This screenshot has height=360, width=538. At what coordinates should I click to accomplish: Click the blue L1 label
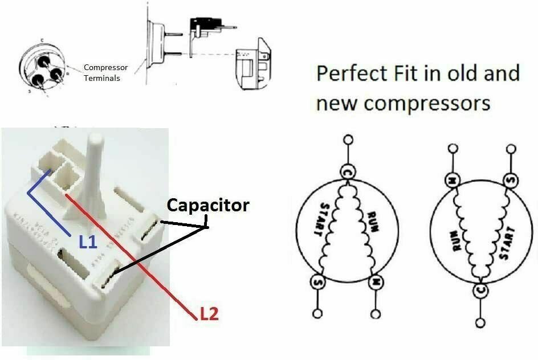[x=89, y=243]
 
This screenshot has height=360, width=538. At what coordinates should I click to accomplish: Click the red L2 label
[x=208, y=313]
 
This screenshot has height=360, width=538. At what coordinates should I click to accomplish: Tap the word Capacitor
[x=208, y=205]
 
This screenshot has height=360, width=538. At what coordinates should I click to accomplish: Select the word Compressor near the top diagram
[x=106, y=67]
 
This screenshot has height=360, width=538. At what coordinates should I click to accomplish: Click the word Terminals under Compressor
[x=102, y=78]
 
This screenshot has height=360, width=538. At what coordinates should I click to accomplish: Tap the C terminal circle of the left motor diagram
[x=347, y=171]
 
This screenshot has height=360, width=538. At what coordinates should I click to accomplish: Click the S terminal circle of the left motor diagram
[x=317, y=281]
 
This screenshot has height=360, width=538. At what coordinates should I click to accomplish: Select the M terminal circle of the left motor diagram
[x=376, y=281]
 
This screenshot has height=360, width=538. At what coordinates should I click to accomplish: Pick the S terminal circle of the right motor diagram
[x=510, y=181]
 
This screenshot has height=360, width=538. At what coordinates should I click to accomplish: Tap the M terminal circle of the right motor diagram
[x=452, y=181]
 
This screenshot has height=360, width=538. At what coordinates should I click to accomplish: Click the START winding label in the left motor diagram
[x=320, y=220]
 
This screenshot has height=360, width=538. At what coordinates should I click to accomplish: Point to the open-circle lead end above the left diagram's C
[x=347, y=140]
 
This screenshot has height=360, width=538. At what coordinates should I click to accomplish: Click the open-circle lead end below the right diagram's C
[x=480, y=323]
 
